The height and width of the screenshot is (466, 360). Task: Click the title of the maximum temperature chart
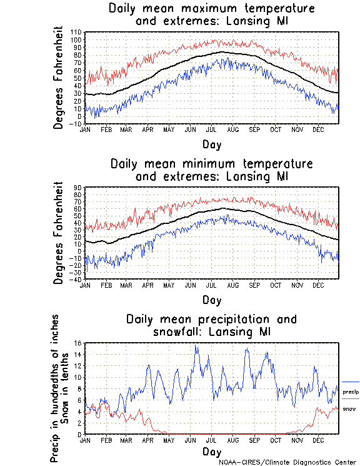click(x=211, y=15)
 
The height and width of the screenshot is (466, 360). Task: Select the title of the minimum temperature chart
click(x=211, y=170)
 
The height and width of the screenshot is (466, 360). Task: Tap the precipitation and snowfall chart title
click(x=211, y=325)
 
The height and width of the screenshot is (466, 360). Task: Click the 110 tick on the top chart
click(x=76, y=32)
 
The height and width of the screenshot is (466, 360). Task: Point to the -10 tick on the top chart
click(x=76, y=124)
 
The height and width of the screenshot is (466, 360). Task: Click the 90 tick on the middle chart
click(x=78, y=187)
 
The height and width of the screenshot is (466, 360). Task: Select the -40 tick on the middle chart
click(x=76, y=279)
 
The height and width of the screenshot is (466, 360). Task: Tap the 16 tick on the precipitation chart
click(x=78, y=343)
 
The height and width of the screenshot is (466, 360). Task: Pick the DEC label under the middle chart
click(x=318, y=285)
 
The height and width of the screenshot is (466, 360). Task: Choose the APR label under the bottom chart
click(x=147, y=440)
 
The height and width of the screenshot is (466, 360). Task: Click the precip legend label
click(x=349, y=390)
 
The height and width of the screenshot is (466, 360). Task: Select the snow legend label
click(x=349, y=408)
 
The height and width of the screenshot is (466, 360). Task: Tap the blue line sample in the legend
click(x=351, y=382)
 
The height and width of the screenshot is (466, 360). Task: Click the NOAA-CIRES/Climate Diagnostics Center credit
click(x=288, y=462)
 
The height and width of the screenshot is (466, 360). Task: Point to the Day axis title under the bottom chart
click(x=211, y=452)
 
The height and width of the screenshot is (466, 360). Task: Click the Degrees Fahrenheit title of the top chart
click(x=59, y=78)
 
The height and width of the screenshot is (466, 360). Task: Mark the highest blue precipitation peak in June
click(x=196, y=346)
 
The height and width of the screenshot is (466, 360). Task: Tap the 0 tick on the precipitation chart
click(x=80, y=434)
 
